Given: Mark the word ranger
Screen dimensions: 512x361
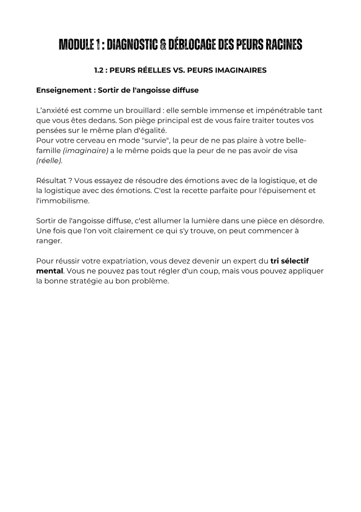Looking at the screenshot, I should point(49,240).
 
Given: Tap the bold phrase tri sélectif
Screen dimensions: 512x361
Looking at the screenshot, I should point(290,261).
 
